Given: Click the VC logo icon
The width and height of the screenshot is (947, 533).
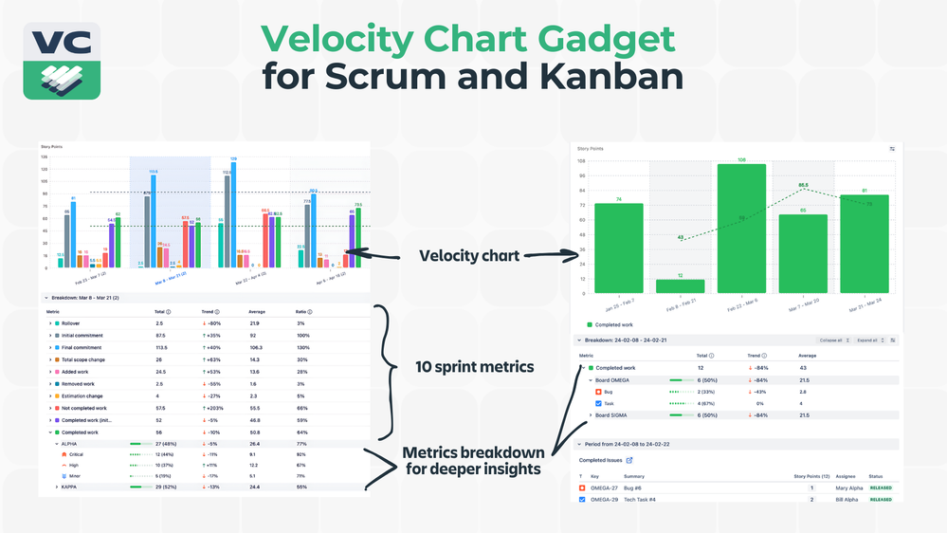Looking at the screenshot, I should [x=62, y=61].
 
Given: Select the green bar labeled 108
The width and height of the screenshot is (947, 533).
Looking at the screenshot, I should [x=741, y=228].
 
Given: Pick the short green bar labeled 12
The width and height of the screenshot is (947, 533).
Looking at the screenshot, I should [x=680, y=285].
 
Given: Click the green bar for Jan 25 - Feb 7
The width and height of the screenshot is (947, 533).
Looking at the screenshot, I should [x=618, y=248].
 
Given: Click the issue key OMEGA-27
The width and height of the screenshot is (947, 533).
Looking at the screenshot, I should [x=605, y=487].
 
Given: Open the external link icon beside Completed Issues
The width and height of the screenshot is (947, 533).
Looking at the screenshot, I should [x=629, y=460].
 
